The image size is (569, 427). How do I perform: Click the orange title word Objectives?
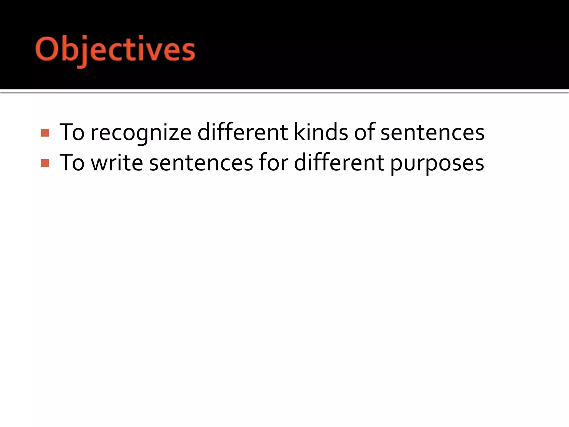tap(115, 50)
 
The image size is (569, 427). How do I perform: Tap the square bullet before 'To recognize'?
tap(45, 133)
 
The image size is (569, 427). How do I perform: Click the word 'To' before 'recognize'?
tap(72, 132)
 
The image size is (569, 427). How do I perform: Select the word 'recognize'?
tap(141, 133)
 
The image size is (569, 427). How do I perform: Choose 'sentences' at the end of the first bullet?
tap(432, 133)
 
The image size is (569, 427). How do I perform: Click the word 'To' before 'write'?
tap(72, 163)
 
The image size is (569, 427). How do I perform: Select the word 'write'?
tap(117, 163)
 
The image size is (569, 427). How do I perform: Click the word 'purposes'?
tap(437, 164)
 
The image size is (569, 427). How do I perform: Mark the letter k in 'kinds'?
tap(299, 132)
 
